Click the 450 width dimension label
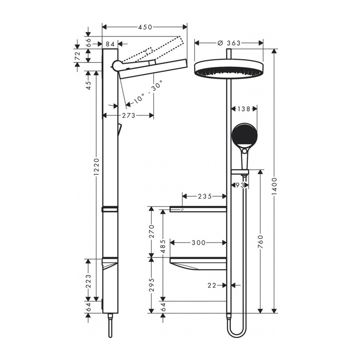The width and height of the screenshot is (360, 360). pos(145,27)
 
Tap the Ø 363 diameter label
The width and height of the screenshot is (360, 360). pos(229,43)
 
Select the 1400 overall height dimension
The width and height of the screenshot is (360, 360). pos(274,186)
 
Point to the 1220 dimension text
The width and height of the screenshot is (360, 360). pos(97,166)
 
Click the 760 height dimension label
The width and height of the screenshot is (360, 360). pos(261,242)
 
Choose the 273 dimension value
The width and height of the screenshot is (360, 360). pos(129,116)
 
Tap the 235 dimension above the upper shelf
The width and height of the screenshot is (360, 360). pos(205,196)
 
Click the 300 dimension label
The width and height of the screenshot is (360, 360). pos(199,243)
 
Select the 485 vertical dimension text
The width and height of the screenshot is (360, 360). pos(163,246)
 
